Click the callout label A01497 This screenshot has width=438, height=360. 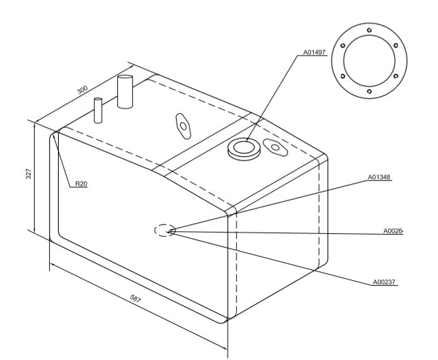point(315,52)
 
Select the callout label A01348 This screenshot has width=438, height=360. point(379,177)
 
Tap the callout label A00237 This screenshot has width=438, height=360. point(384,282)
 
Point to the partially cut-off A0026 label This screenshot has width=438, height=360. point(393,230)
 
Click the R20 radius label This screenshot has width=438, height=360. point(81,183)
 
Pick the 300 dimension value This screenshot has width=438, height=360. point(83,90)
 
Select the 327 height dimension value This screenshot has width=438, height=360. point(29,174)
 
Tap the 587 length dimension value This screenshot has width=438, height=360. point(136,299)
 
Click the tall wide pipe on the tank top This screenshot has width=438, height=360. point(125,91)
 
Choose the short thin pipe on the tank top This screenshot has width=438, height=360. point(98,110)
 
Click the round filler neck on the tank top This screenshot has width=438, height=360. point(244,149)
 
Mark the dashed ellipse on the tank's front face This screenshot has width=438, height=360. point(165,230)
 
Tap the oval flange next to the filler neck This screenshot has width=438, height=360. point(276,147)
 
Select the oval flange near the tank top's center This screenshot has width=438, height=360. point(184,126)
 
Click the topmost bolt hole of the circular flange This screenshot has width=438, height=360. point(369,30)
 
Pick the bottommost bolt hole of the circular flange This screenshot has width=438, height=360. point(369,91)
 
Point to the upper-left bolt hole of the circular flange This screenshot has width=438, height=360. point(342,46)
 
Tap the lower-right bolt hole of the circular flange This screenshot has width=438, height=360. point(396,76)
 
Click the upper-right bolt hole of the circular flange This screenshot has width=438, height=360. point(396,45)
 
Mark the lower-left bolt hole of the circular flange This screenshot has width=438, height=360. point(342,76)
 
